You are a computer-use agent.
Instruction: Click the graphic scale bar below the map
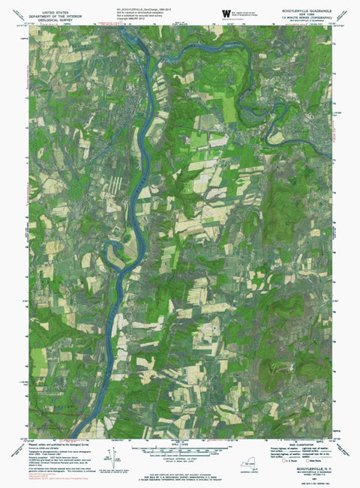[x=181, y=451]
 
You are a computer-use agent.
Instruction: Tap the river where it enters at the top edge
[x=122, y=30]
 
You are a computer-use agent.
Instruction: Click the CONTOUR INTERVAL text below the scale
[x=181, y=460]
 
